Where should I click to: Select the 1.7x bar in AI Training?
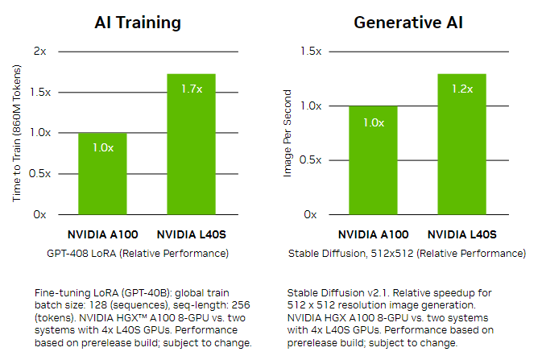(191, 144)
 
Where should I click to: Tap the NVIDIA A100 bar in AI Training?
(102, 174)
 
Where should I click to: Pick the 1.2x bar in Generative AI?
(461, 144)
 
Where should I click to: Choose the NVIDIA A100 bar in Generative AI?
(373, 160)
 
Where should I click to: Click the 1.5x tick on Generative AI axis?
(311, 51)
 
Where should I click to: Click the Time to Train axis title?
(15, 133)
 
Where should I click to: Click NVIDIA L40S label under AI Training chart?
(191, 235)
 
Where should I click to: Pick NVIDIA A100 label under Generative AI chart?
(373, 235)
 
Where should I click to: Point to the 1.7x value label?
(192, 89)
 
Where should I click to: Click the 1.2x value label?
(462, 89)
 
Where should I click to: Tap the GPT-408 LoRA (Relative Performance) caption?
(138, 254)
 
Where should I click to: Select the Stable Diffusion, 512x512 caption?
(407, 254)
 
